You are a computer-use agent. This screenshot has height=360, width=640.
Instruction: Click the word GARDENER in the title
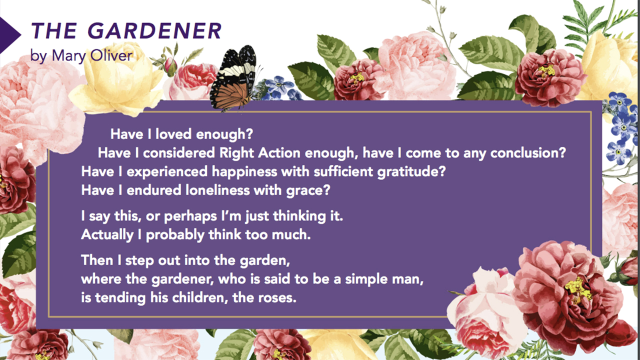coord(154,30)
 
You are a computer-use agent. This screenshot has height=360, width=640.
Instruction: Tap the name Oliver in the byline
coord(111,55)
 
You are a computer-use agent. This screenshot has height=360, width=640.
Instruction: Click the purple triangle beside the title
coord(10,35)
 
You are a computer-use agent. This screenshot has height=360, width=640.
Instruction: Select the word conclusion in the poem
coord(528,153)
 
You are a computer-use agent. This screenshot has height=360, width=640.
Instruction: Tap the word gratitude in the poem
coord(411,171)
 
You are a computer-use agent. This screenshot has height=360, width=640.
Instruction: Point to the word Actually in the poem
coord(107,235)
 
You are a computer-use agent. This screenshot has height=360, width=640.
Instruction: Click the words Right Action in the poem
coord(260,153)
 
